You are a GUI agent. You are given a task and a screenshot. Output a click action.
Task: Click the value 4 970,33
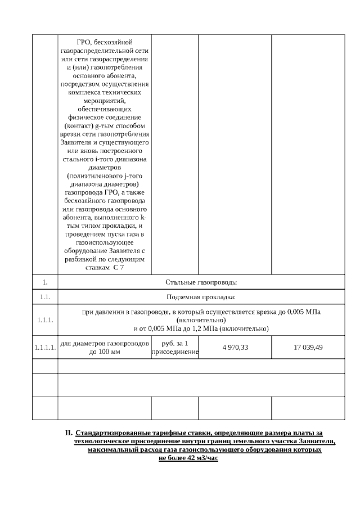point(235,348)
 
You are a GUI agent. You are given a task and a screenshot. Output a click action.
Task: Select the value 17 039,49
point(308,348)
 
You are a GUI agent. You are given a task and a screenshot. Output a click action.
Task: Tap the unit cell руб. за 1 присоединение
point(175,348)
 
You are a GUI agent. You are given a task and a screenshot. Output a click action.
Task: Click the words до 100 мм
point(105,352)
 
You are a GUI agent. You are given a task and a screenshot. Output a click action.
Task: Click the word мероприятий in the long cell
point(105,100)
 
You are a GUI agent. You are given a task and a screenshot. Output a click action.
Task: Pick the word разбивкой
point(85,260)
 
